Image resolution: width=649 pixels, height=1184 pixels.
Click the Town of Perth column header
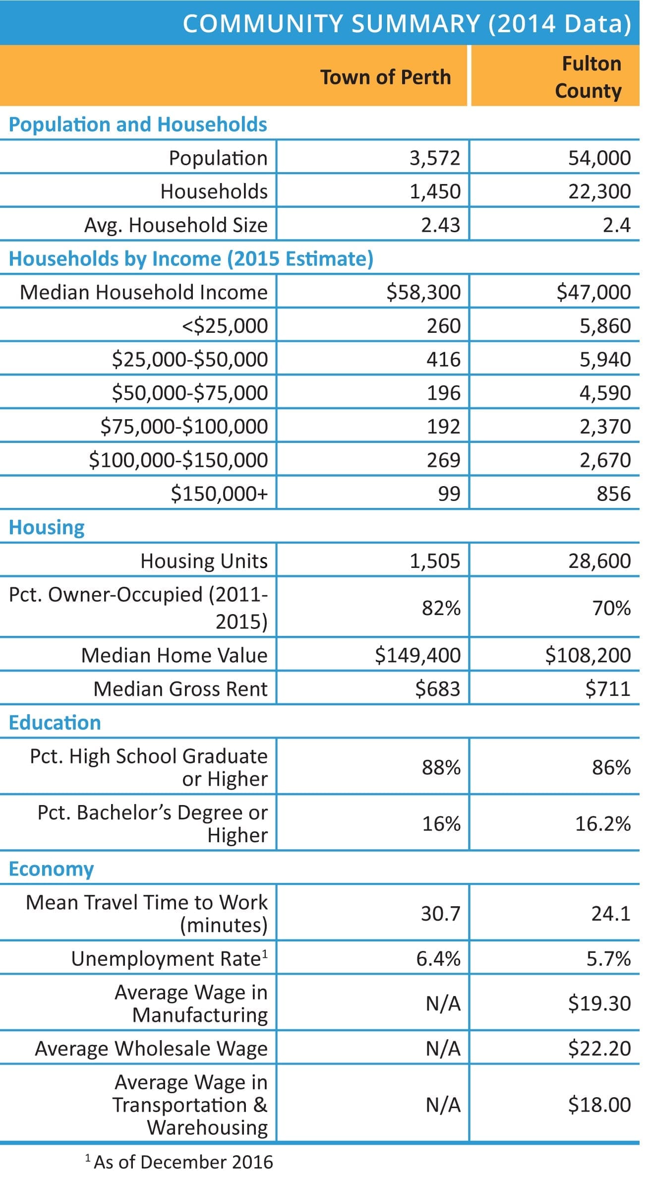(x=385, y=77)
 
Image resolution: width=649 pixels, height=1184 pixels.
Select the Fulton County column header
(x=589, y=77)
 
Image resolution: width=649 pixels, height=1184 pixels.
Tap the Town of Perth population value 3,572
(x=435, y=158)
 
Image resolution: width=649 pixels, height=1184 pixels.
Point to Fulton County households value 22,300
(x=599, y=191)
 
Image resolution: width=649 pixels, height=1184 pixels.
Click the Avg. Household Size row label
(x=176, y=225)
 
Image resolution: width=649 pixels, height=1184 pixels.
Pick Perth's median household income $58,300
(x=423, y=292)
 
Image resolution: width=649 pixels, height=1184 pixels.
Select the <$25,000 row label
(x=225, y=326)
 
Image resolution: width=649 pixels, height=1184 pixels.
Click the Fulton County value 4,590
(x=605, y=393)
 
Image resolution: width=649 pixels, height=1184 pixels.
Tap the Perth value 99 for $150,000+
(x=449, y=494)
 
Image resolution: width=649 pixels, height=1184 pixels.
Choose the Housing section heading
(x=47, y=527)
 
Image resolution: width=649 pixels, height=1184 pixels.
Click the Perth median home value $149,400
(x=417, y=655)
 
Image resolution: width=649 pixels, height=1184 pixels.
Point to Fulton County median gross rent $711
(x=608, y=688)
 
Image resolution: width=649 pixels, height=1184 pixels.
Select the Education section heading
(x=55, y=722)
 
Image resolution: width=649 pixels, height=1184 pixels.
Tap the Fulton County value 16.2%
(x=603, y=823)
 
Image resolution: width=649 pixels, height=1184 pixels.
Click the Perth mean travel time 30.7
(x=441, y=913)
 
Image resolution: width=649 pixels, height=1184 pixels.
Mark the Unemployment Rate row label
(x=169, y=958)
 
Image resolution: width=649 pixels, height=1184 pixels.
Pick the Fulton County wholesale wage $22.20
(x=599, y=1048)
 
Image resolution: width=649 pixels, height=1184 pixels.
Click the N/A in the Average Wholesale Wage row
(x=443, y=1048)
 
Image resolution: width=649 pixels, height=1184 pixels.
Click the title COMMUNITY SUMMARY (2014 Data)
(x=407, y=23)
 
